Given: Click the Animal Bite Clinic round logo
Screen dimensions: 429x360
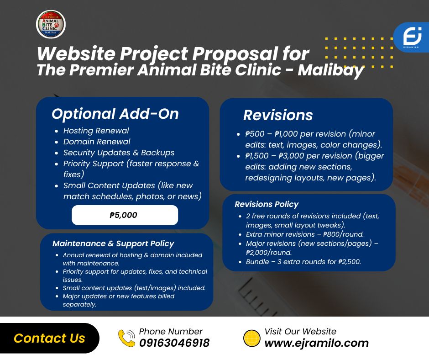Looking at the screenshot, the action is (51, 24).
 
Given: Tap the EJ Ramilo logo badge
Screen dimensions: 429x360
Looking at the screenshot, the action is (412, 37).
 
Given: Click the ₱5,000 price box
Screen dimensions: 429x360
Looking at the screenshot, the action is (125, 215).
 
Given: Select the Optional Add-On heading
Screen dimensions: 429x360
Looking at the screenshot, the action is (115, 114).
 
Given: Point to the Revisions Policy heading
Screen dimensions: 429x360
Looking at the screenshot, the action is (267, 204).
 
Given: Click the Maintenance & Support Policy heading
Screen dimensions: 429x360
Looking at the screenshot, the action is (113, 244).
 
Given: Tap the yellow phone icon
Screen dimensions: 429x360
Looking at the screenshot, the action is (127, 338).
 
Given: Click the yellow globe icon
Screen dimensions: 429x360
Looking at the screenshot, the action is (252, 339).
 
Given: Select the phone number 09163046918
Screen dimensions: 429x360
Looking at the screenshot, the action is (174, 343).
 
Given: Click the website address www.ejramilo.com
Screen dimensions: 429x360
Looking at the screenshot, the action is (317, 343).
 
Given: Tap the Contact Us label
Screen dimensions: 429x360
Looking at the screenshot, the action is (49, 338).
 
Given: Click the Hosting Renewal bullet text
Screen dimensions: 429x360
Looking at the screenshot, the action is (96, 131).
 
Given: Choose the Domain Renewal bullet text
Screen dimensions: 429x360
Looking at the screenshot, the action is (97, 142).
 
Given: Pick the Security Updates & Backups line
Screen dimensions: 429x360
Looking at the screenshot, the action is (119, 153).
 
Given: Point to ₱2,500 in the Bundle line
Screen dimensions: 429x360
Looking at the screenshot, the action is (350, 262).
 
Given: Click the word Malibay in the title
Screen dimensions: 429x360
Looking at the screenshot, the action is (331, 70).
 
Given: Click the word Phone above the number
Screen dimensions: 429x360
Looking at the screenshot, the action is (152, 332).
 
